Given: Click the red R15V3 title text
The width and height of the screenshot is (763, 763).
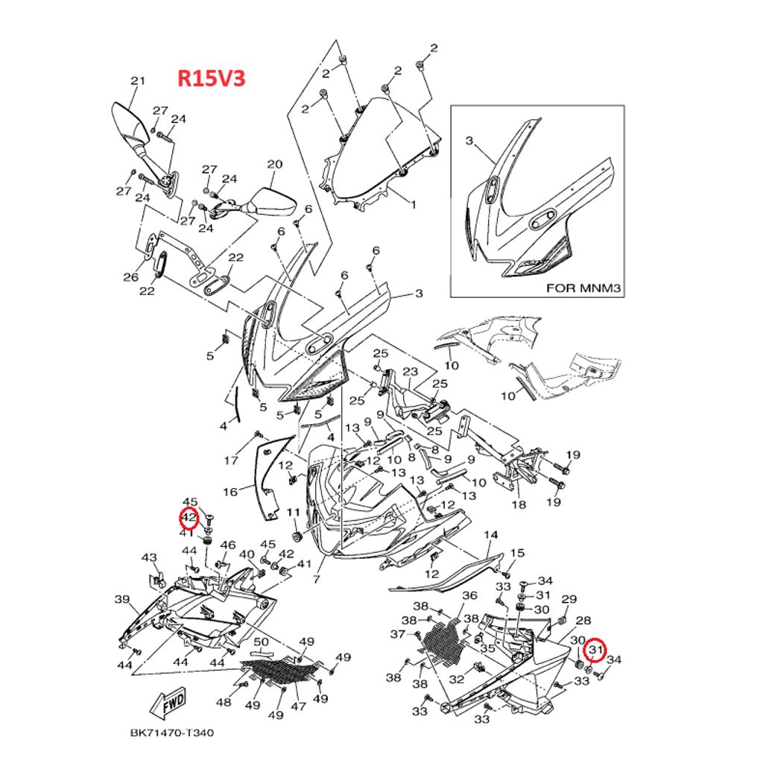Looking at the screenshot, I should coord(211,79).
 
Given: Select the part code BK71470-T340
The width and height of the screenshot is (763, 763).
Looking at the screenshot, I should coord(172,732).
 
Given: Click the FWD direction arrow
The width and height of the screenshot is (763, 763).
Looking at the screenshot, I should coord(168,701).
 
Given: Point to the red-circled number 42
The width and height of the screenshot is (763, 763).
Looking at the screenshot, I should coord(189,517).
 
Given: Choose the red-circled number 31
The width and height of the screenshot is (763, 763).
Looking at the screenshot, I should coord(595,651).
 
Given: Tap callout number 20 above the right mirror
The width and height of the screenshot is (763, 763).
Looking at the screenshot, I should coord(274,164).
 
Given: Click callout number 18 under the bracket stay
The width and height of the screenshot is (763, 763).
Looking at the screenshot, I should coord(519,504).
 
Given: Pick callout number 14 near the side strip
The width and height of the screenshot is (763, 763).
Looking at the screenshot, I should coord(490,535).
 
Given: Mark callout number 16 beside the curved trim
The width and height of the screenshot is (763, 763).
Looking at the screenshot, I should coord(230,492).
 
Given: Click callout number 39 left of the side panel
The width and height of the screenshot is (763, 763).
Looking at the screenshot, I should coord(121,599).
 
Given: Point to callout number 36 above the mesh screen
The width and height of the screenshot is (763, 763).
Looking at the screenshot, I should coord(469,595).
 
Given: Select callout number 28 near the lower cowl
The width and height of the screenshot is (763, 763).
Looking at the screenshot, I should coord(583,620).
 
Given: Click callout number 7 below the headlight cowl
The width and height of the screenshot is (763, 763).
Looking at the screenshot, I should coord(316,578).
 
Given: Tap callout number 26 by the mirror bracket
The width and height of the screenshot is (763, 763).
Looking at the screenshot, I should coord(131,278).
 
